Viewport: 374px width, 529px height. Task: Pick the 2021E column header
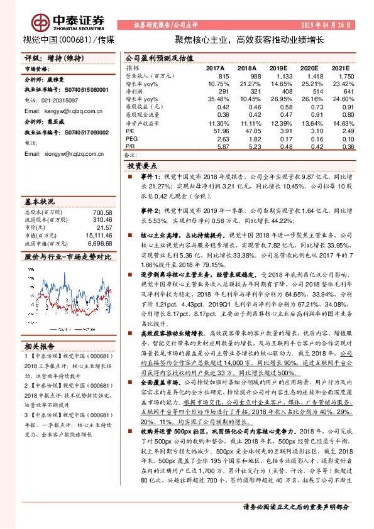[x=340, y=67]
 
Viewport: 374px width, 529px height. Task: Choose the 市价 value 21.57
[x=103, y=228]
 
